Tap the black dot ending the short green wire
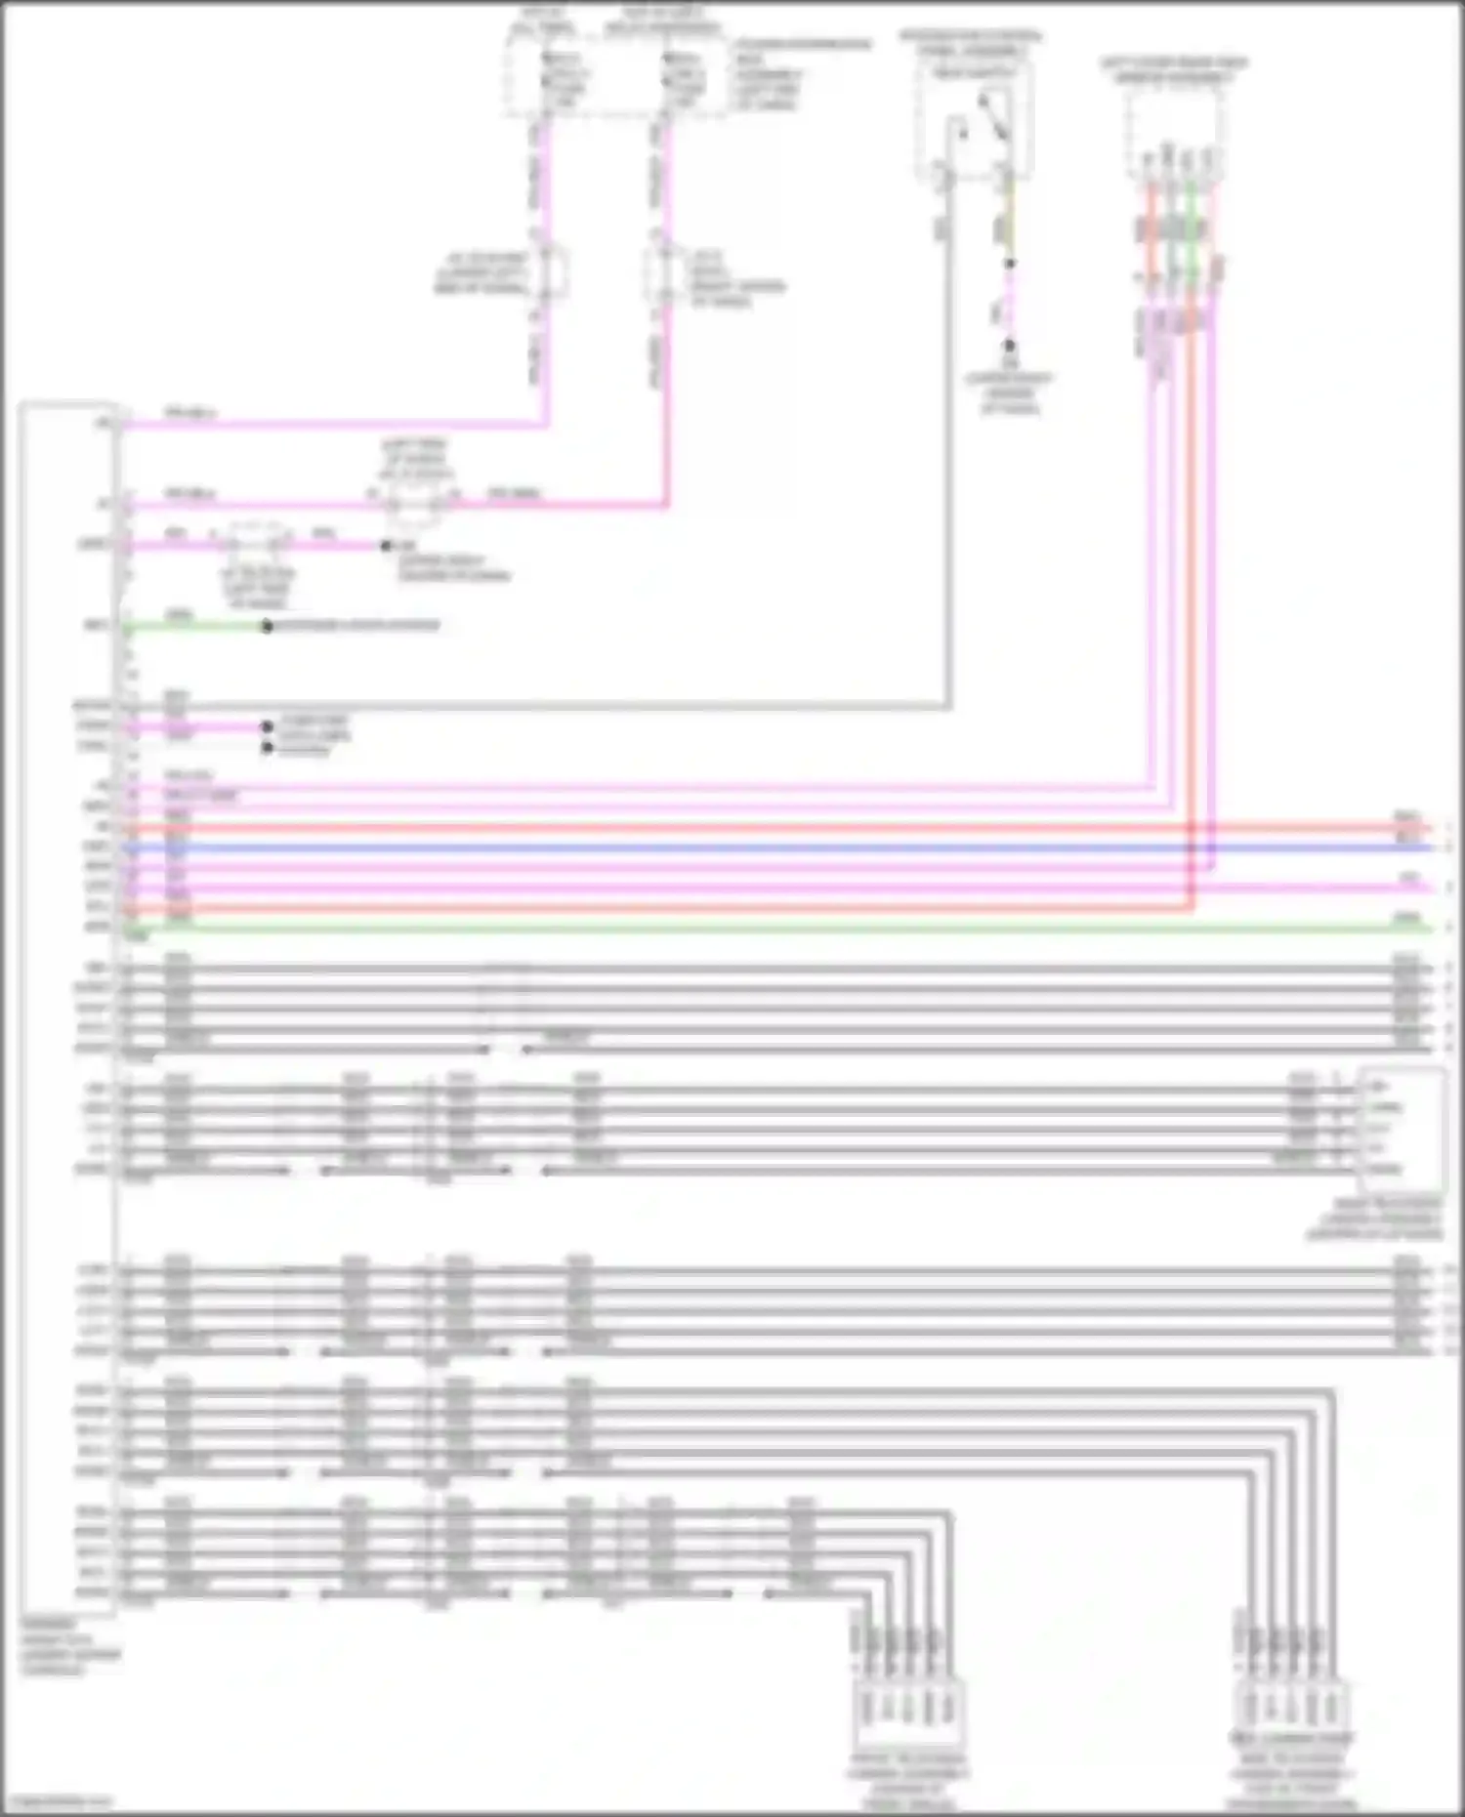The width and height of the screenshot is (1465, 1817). point(267,626)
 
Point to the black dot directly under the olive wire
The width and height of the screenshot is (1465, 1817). point(1010,264)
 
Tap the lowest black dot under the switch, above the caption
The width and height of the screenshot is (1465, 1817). point(1010,346)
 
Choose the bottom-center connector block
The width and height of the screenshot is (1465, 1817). point(907,1709)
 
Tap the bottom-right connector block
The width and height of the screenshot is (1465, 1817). point(1291,1709)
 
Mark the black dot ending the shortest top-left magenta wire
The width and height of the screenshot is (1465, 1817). point(386,545)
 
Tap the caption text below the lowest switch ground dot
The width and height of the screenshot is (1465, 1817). point(1010,392)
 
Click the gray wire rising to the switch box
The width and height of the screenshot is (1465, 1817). point(946,439)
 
